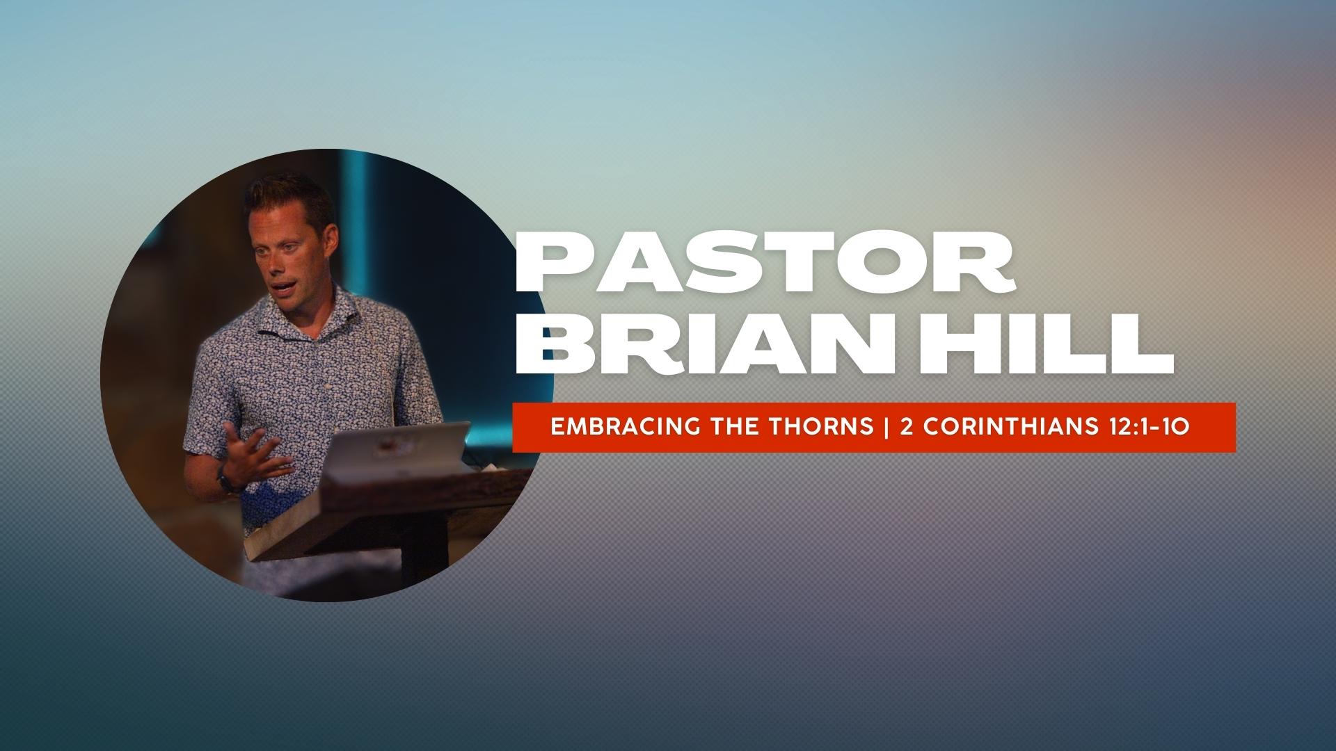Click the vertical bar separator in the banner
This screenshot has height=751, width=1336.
point(886,427)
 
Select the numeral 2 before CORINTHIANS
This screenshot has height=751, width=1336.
point(906,427)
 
